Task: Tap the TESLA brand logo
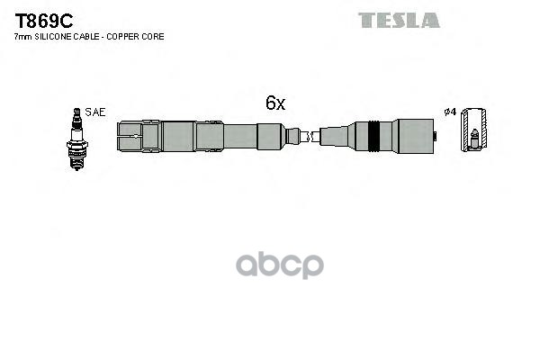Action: click(x=399, y=20)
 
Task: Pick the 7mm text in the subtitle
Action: click(x=22, y=37)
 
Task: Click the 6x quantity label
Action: click(x=274, y=103)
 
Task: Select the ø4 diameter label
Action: click(x=450, y=112)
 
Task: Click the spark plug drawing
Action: click(x=76, y=139)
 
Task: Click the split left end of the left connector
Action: click(x=130, y=137)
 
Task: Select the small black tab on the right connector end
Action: click(x=436, y=137)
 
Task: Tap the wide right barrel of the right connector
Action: click(x=414, y=137)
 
